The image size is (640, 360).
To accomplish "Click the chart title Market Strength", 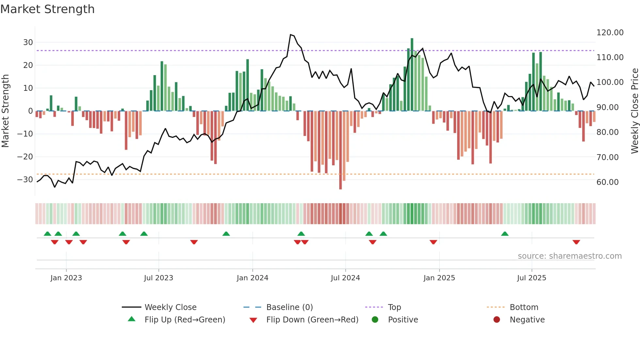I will (47, 9).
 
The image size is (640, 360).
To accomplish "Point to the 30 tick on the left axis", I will (28, 42).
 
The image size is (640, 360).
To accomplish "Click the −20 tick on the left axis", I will (25, 157).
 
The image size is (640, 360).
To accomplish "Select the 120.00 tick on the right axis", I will (610, 33).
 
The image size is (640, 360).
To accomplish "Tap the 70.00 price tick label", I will (607, 157).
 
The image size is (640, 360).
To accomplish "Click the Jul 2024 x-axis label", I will (345, 278).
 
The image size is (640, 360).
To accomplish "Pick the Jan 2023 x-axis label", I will (66, 278).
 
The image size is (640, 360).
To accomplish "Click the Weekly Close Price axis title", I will (634, 111).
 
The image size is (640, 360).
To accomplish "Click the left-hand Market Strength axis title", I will (6, 111).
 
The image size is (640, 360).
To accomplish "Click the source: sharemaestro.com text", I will (569, 256).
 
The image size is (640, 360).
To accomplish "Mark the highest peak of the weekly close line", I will (290, 35).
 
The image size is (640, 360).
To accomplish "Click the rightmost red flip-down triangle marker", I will (576, 242).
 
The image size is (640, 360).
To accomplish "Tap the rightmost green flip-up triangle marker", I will (504, 234).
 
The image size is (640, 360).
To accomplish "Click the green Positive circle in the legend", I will (375, 320).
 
